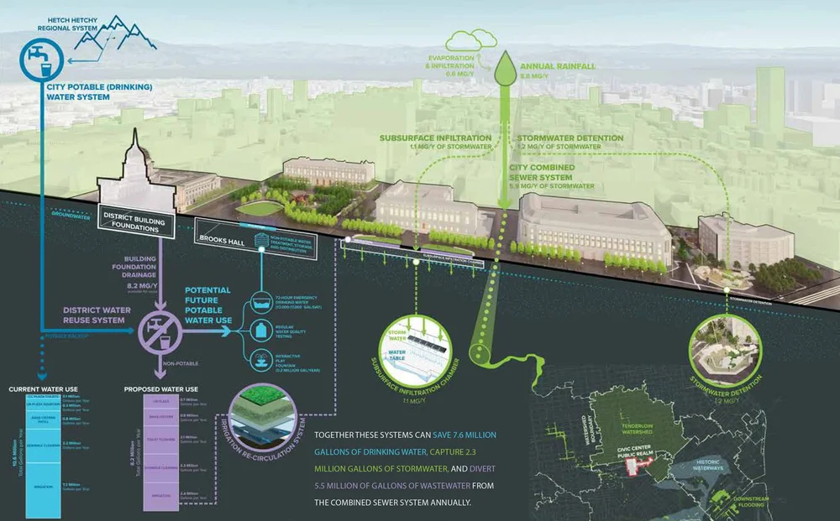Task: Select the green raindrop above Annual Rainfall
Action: click(505, 65)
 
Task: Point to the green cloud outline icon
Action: click(470, 39)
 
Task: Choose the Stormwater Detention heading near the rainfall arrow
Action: click(570, 138)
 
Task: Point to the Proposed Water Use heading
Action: click(160, 390)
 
